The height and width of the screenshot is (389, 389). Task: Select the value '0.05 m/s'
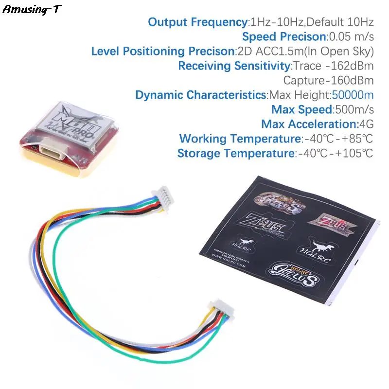pos(351,36)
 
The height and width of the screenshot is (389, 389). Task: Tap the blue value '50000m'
pos(353,95)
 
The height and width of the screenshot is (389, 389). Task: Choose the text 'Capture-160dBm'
pos(328,80)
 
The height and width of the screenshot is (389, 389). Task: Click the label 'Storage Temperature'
pos(235,153)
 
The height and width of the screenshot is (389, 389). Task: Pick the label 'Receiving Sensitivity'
pos(234,66)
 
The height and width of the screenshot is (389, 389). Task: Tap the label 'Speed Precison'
pos(283,36)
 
